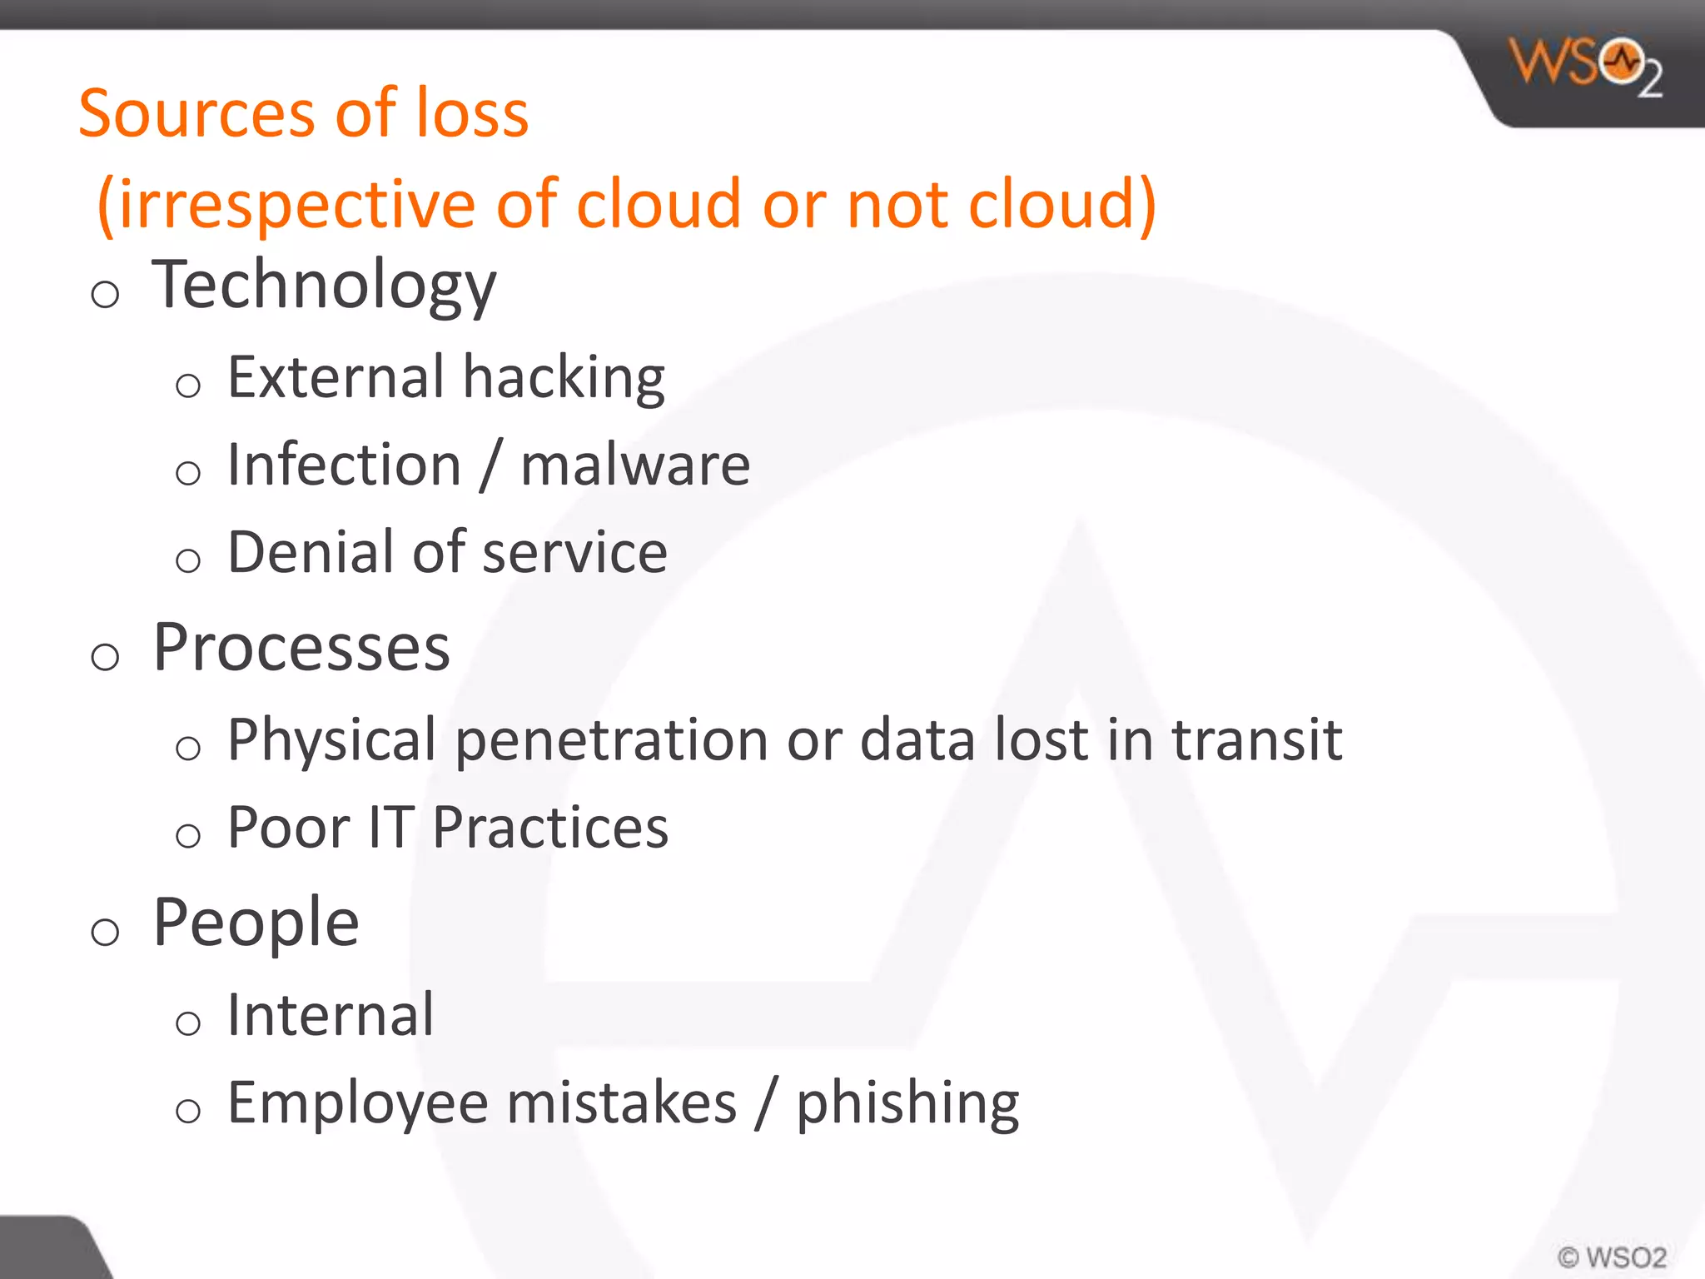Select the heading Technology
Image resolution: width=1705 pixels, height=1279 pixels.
coord(324,286)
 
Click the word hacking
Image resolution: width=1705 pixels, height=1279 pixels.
coord(564,378)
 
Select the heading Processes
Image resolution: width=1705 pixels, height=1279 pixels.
coord(301,648)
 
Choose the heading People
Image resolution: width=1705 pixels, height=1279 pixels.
coord(256,923)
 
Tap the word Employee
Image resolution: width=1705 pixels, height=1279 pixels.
coord(358,1103)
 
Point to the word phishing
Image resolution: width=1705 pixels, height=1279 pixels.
coord(907,1103)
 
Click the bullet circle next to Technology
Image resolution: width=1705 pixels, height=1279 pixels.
coord(105,294)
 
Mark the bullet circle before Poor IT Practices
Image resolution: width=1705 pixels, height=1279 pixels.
coord(188,835)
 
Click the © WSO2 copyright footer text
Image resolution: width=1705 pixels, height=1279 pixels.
coord(1612,1257)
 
